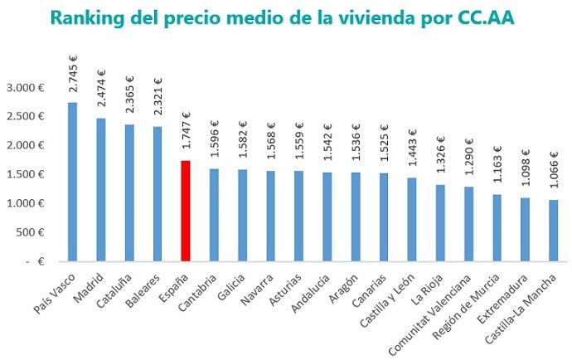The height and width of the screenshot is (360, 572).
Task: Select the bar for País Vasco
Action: [x=72, y=182]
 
